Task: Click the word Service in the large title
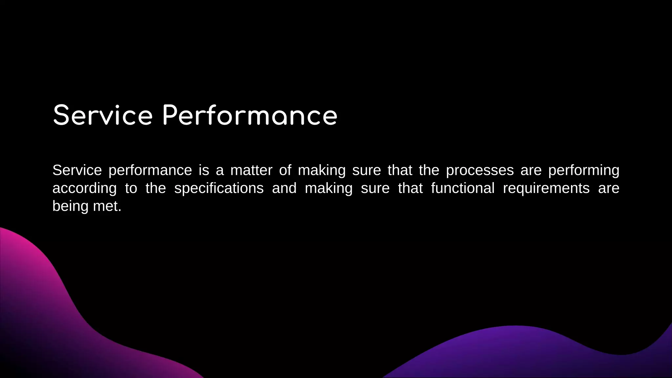coord(103,115)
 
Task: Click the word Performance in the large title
coord(250,115)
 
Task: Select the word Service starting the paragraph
coord(77,170)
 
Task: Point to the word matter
coord(251,170)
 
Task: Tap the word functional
coord(463,188)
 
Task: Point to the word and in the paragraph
coord(284,188)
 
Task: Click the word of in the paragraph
coord(285,170)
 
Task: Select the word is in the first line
coord(204,170)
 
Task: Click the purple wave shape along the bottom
coord(525,354)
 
